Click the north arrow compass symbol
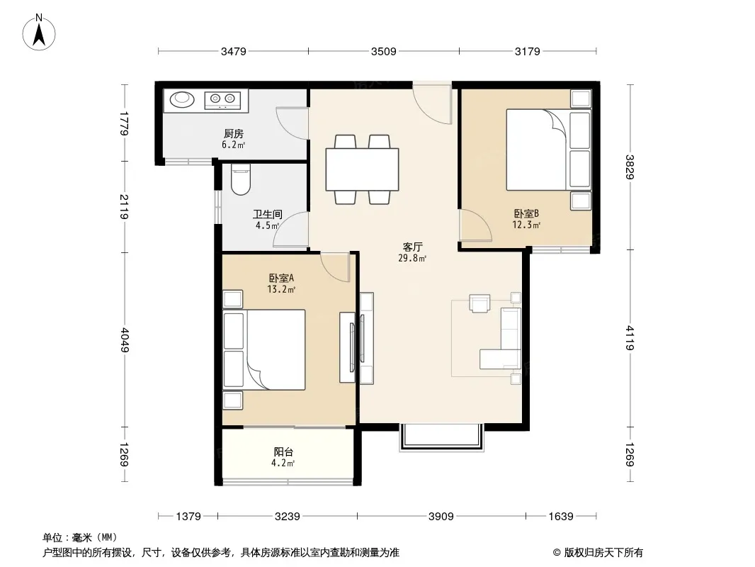pos(39,33)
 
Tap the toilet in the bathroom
pos(241,180)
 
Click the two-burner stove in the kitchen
pos(222,100)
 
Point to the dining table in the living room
pos(362,169)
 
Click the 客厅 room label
pos(413,247)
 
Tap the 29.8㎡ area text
pos(412,258)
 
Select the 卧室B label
pos(526,213)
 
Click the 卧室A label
pos(281,278)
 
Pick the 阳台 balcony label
pos(283,452)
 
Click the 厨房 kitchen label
pos(234,133)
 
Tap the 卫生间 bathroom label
pos(267,214)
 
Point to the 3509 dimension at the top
pos(384,51)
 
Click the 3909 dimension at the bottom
pos(441,517)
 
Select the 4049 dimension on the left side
pos(125,340)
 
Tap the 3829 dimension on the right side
pos(630,167)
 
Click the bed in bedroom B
pos(537,150)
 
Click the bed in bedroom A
pos(276,349)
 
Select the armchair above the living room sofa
pos(480,303)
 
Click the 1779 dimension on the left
pos(125,123)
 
